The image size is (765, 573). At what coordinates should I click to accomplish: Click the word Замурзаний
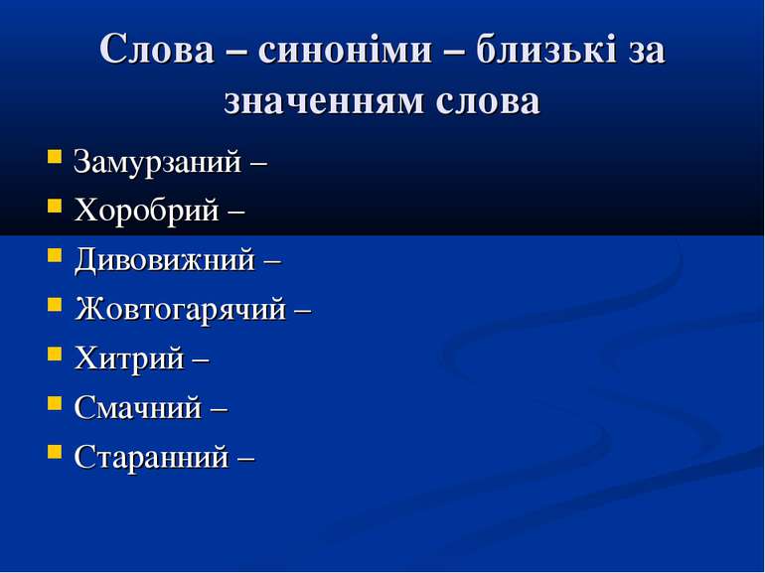tap(157, 162)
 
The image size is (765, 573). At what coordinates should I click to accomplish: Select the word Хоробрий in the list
tap(145, 211)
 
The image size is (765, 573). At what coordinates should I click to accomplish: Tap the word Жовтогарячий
tap(179, 309)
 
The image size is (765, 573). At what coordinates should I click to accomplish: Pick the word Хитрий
tap(128, 358)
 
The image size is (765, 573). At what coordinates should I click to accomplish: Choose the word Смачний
tap(137, 407)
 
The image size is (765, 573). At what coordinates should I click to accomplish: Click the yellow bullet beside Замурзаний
tap(53, 159)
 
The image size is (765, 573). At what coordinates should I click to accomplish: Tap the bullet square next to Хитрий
tap(53, 355)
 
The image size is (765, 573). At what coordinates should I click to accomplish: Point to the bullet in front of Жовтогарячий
tap(53, 306)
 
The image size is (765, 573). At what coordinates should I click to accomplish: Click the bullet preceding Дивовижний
tap(53, 257)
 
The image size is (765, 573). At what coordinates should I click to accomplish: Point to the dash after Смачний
tap(220, 408)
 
